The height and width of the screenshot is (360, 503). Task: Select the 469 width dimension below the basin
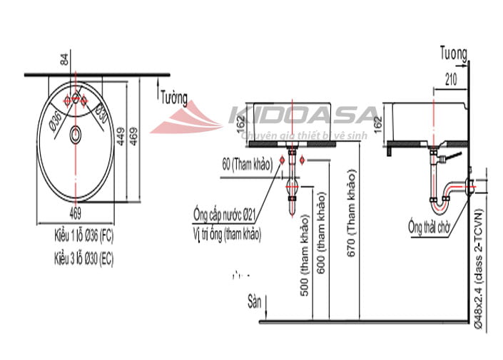click(76, 211)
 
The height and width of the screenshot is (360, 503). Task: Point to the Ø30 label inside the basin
click(102, 113)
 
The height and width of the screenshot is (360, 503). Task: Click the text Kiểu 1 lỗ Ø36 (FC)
click(83, 234)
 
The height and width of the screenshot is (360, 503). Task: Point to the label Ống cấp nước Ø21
click(224, 212)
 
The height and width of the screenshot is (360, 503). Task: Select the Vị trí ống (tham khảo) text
click(226, 233)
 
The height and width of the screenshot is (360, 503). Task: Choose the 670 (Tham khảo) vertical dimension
click(351, 214)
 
